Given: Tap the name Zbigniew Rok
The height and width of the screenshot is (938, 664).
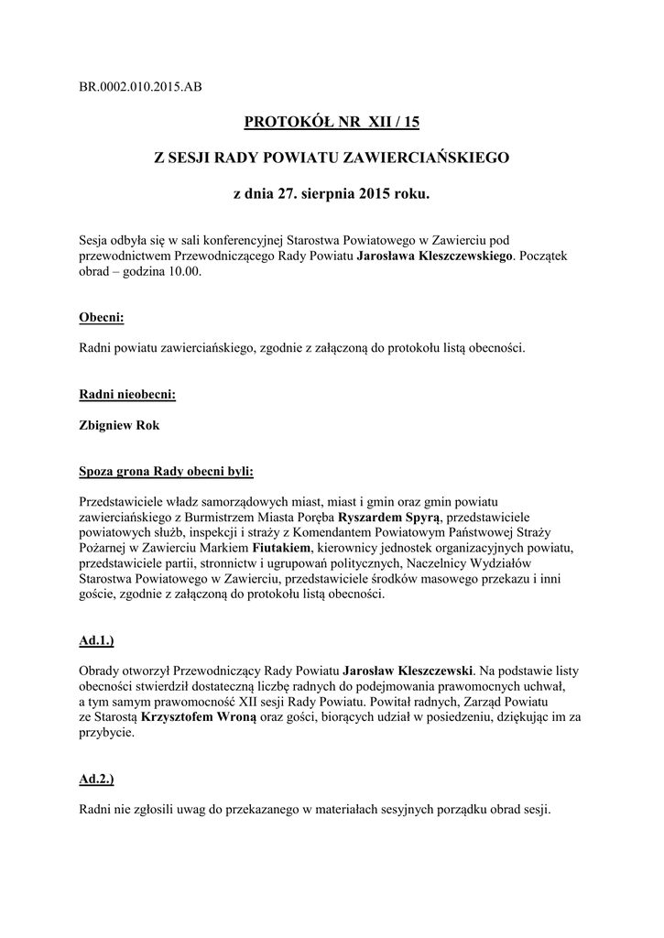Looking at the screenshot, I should click(x=120, y=425).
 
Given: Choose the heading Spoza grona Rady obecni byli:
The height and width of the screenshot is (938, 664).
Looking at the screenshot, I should click(x=167, y=472).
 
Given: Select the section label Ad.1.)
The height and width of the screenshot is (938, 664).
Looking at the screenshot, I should click(x=96, y=641).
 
